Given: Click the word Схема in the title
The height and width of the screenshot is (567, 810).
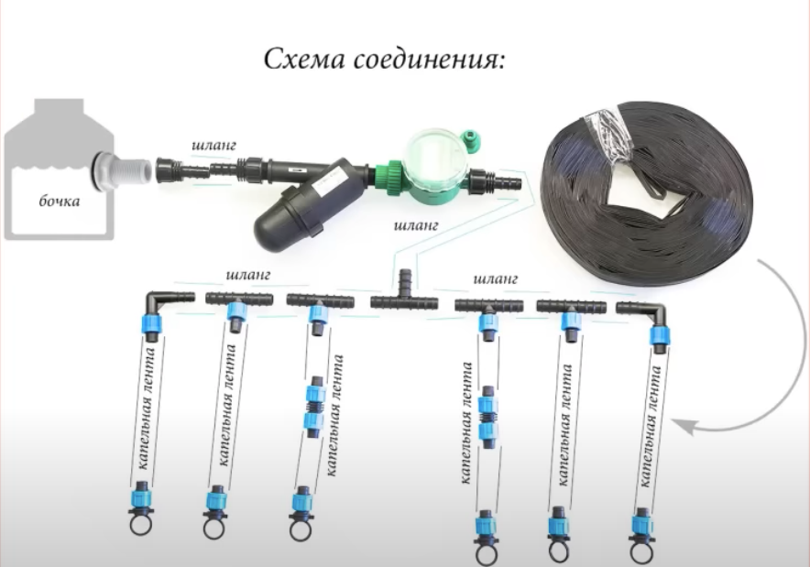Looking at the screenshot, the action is (304, 59).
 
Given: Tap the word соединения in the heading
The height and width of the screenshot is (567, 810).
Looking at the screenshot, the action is (429, 60).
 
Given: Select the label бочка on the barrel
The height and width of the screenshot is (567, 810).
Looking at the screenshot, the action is (60, 201).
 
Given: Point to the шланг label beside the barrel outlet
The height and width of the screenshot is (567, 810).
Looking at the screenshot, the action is (213, 145).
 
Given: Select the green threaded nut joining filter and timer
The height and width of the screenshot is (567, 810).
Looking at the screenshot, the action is (389, 177).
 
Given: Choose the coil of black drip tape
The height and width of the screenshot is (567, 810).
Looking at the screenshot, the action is (645, 191).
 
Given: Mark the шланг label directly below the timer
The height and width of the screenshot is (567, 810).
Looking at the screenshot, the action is (416, 225).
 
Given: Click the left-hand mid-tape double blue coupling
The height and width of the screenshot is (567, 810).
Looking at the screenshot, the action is (314, 407).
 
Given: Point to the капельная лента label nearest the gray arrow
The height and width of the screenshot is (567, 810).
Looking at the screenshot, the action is (650, 426).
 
